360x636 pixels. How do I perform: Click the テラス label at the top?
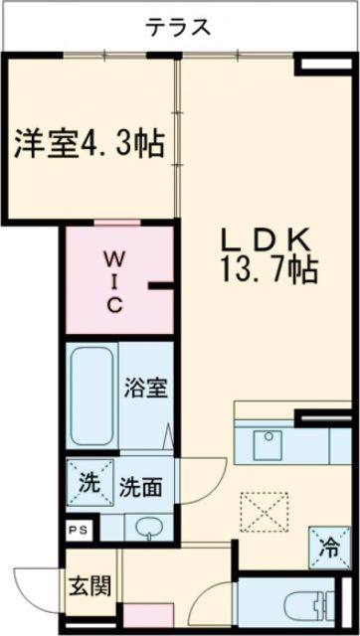click(x=179, y=26)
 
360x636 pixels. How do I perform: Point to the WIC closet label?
click(x=115, y=282)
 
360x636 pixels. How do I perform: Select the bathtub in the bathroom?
click(x=93, y=393)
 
